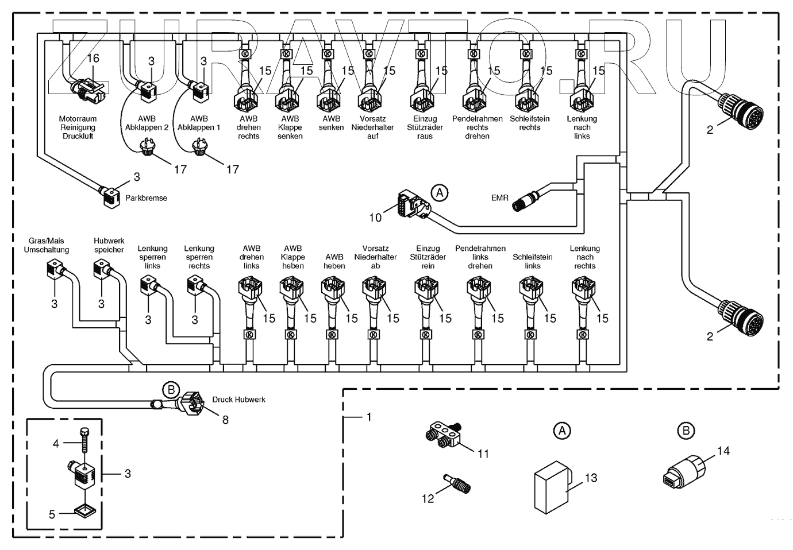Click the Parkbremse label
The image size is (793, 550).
[147, 198]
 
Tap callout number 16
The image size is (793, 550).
[93, 58]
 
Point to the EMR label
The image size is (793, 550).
[499, 197]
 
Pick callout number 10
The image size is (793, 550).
[375, 218]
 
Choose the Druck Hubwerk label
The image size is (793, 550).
[238, 400]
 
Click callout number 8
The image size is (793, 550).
[225, 420]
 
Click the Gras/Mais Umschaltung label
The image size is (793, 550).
[47, 245]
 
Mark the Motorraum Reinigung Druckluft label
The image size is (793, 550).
[78, 127]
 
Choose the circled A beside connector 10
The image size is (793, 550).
[440, 193]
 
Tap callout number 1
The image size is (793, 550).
[368, 417]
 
